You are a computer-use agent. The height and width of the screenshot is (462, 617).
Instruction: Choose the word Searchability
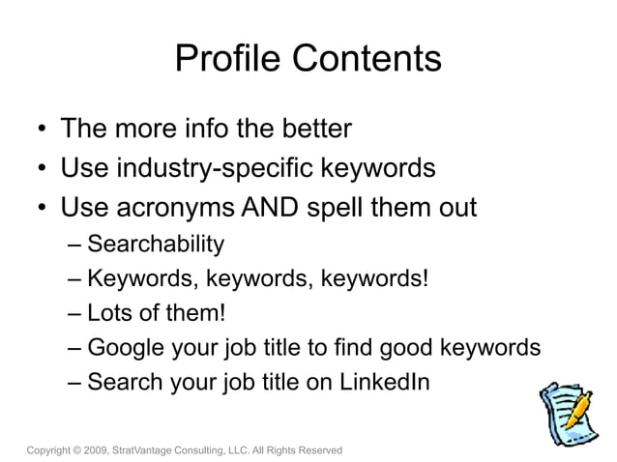[156, 244]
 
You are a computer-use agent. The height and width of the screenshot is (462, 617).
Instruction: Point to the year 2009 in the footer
[94, 450]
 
